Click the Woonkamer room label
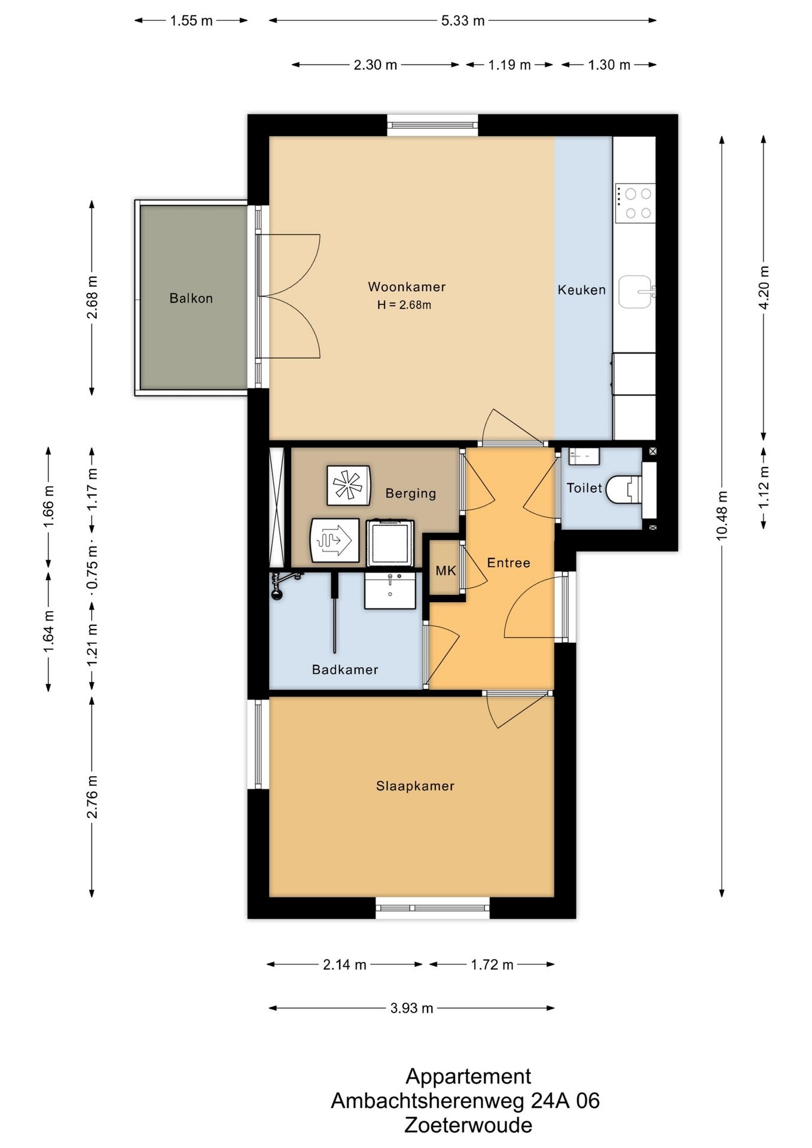coord(407,287)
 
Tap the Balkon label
coord(191,298)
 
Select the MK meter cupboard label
coord(445,570)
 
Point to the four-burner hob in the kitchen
coord(636,203)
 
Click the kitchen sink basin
coord(636,292)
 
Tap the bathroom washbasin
coord(390,591)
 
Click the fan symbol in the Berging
coord(349,485)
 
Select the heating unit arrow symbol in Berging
coord(335,541)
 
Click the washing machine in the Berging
coord(390,543)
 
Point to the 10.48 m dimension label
coord(722,515)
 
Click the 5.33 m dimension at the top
coord(463,21)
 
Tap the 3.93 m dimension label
coord(411,1008)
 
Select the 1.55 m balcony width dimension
coord(191,21)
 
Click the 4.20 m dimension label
coord(764,288)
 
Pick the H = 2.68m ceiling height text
coord(404,305)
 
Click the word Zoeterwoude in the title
coord(468,1125)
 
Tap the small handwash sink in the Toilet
coord(584,456)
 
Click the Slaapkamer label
coord(415,786)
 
